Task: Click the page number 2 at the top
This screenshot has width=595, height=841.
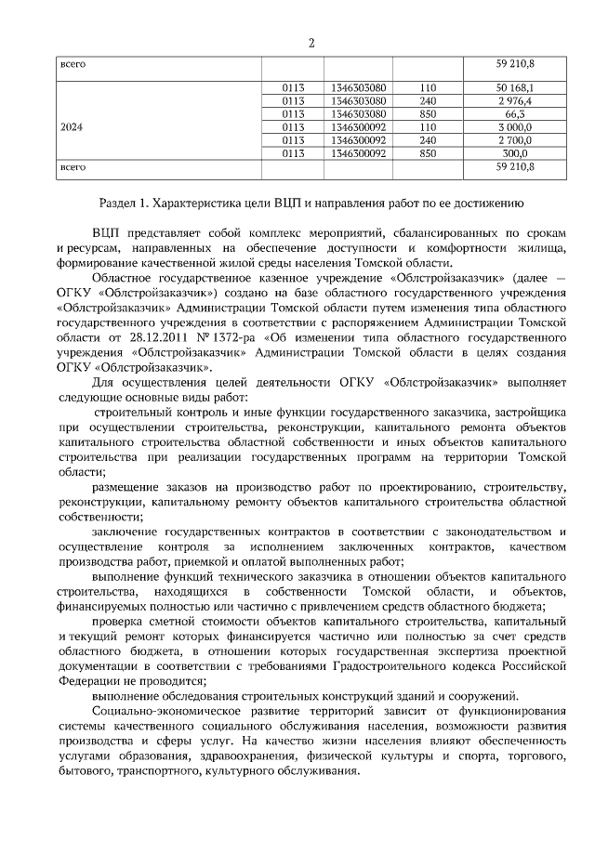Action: click(x=311, y=43)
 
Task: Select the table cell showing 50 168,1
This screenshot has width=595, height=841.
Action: click(x=514, y=87)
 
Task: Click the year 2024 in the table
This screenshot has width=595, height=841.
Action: click(x=73, y=126)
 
